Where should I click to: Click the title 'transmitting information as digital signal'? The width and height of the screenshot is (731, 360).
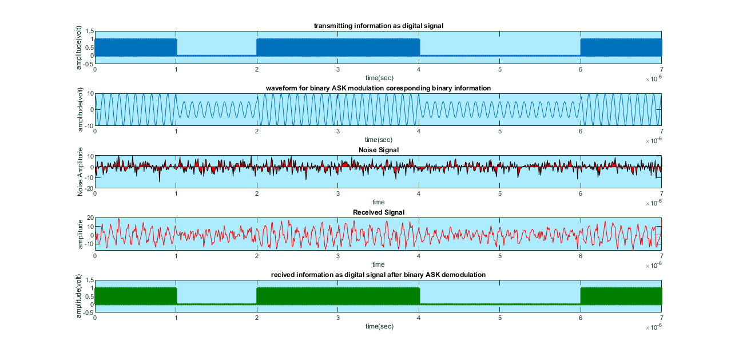click(x=378, y=25)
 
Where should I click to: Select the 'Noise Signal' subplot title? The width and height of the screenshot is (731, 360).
click(x=378, y=150)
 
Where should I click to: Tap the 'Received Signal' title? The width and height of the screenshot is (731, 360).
click(x=378, y=212)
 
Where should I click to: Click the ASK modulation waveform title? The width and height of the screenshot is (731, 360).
click(x=378, y=88)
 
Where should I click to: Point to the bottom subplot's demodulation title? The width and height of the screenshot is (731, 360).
click(x=378, y=275)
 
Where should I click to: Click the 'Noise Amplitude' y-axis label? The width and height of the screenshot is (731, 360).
click(x=81, y=172)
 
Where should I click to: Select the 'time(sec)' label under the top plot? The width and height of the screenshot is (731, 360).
click(x=378, y=77)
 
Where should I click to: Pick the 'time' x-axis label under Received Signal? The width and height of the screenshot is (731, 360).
click(x=378, y=264)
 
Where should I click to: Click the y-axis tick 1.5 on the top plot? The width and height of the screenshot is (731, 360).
click(x=89, y=31)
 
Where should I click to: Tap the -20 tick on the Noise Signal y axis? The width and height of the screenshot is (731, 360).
click(x=89, y=188)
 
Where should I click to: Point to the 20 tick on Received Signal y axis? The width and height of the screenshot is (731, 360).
click(x=90, y=218)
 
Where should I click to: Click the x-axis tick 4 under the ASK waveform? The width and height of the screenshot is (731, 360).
click(x=419, y=131)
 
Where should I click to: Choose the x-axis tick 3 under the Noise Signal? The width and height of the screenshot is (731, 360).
click(x=338, y=193)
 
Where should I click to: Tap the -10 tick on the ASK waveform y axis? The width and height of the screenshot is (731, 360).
click(x=89, y=125)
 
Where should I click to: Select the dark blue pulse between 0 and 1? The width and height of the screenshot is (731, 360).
click(x=136, y=47)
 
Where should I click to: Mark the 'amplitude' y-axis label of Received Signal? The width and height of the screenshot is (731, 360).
click(x=81, y=234)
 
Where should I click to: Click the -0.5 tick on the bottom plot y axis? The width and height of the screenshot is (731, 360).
click(x=88, y=312)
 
